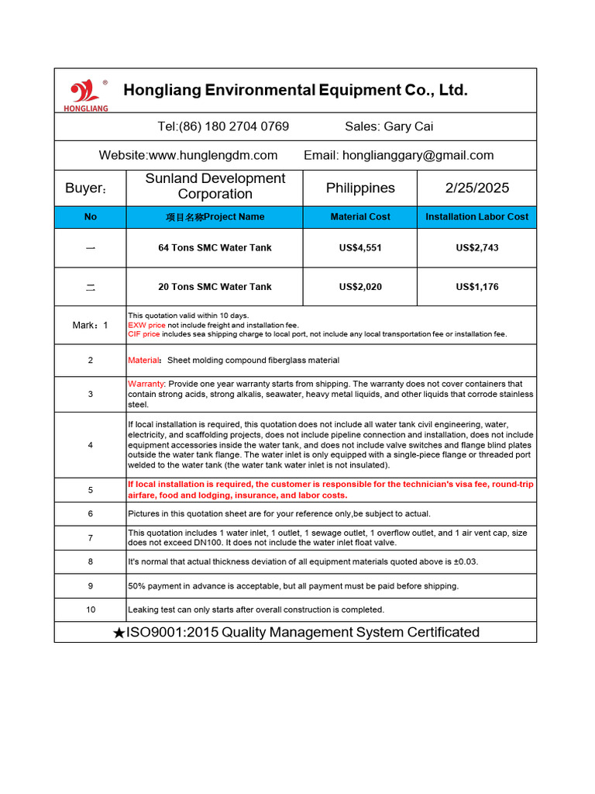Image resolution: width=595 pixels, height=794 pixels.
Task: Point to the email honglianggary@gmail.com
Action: click(x=418, y=155)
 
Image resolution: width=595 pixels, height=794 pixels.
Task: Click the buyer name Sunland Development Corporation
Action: click(x=215, y=187)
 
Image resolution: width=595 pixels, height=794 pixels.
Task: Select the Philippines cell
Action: click(x=360, y=188)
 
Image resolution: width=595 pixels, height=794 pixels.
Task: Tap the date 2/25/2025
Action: click(x=477, y=188)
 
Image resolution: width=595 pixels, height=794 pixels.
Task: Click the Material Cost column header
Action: click(x=360, y=217)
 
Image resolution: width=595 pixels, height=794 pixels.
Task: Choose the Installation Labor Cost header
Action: click(x=477, y=217)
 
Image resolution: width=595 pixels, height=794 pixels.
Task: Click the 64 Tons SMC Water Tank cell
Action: click(x=215, y=248)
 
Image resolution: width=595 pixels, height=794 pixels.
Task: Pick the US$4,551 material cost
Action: click(x=360, y=248)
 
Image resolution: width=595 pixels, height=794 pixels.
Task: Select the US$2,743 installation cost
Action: click(x=477, y=248)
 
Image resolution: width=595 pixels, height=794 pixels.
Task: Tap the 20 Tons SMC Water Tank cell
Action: click(x=215, y=287)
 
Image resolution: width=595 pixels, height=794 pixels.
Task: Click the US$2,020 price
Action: click(x=360, y=287)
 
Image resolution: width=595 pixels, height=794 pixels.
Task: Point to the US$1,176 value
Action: click(x=477, y=287)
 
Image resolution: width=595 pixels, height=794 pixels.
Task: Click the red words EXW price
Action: click(x=146, y=325)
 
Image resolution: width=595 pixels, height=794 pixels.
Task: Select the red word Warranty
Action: click(x=146, y=384)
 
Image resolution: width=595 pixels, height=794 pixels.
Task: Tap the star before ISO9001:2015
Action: click(x=119, y=633)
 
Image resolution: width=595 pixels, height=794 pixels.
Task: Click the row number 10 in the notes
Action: click(x=91, y=609)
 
